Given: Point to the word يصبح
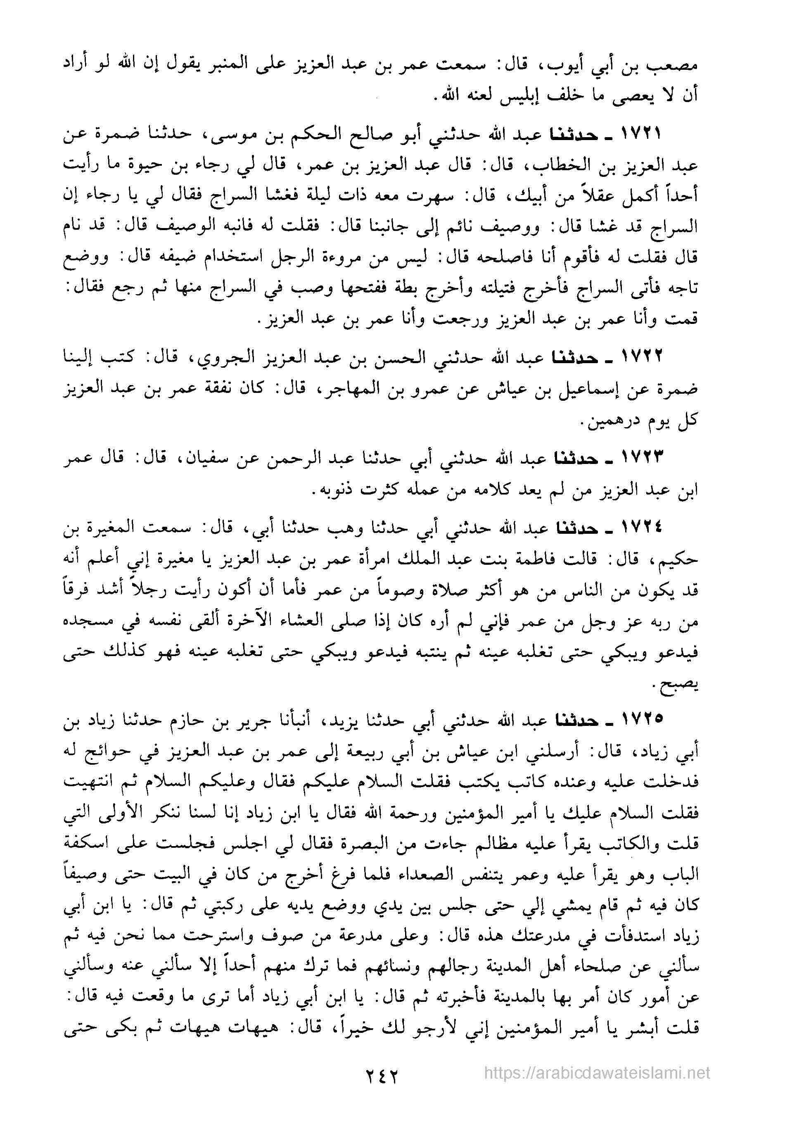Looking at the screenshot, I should click(x=681, y=686).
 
